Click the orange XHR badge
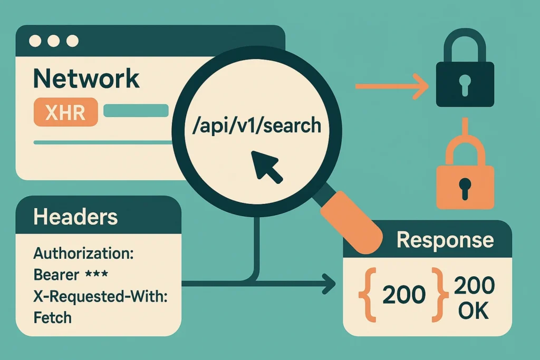(x=65, y=112)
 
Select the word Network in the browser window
(x=86, y=79)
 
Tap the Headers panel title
(x=75, y=217)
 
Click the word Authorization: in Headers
(x=83, y=254)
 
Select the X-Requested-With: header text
(x=100, y=297)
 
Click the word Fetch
(x=52, y=318)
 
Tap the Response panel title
(x=445, y=240)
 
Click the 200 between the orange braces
(x=404, y=295)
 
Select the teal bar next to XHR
(x=136, y=110)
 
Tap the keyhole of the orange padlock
(x=465, y=186)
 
